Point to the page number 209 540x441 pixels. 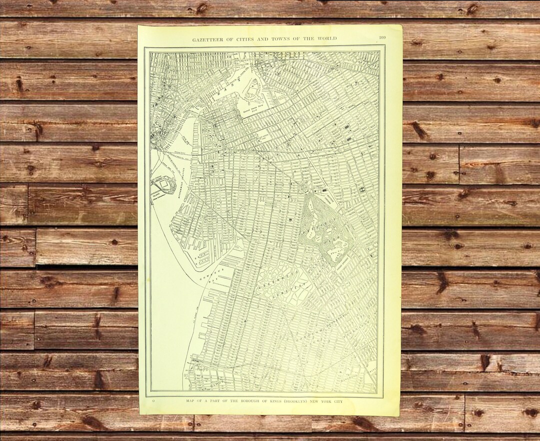click(x=382, y=38)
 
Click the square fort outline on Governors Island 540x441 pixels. click(x=163, y=185)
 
